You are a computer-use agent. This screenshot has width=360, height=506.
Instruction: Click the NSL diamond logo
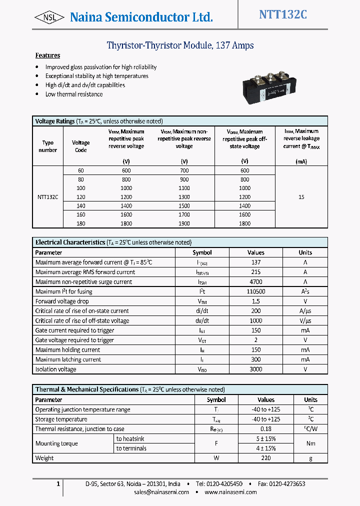point(49,17)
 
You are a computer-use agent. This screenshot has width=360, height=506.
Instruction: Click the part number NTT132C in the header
point(282,15)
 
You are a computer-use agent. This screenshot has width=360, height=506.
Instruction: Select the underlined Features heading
point(47,55)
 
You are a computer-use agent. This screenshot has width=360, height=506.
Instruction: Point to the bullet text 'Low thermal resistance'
point(74,94)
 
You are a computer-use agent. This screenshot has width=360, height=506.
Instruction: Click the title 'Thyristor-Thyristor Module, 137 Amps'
point(180,45)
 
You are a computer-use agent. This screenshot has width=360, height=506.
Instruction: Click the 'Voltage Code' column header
point(80,146)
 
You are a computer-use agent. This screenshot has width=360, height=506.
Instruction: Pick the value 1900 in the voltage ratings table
point(184,223)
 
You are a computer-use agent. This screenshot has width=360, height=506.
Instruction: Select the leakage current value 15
point(301,197)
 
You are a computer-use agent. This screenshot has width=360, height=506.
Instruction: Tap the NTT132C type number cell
point(47,197)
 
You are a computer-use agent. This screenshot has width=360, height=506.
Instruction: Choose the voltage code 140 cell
point(80,206)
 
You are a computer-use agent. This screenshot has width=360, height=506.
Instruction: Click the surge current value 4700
point(255,282)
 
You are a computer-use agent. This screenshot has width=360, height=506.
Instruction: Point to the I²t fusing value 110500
point(255,291)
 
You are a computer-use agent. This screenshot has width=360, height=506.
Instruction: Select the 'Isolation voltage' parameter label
point(56,369)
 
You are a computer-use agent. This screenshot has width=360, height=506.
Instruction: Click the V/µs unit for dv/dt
point(305,321)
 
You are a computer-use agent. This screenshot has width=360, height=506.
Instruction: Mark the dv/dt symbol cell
point(202,321)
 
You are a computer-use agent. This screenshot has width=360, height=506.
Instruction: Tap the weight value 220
point(266,458)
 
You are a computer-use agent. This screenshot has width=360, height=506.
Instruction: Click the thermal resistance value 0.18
point(266,429)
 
